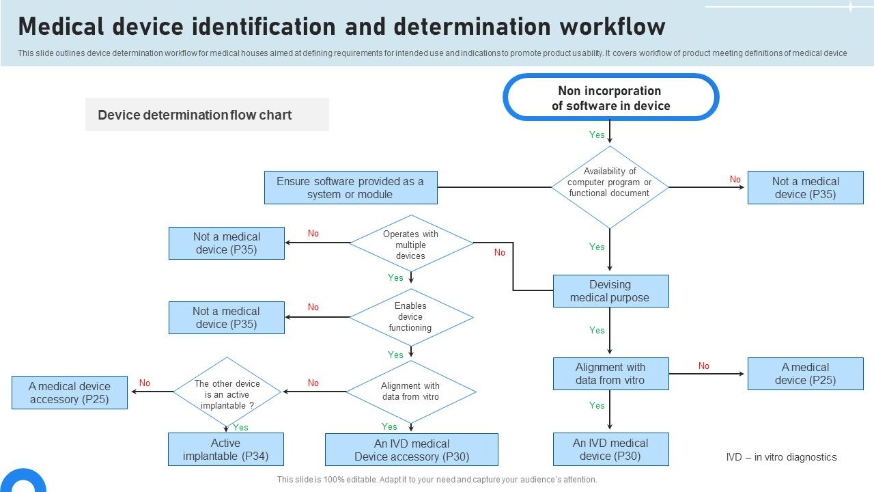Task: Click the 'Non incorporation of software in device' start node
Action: tap(610, 98)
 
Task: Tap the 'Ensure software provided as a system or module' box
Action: tap(350, 188)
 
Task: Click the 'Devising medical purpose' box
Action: tap(610, 291)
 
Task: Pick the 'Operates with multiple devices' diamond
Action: tap(410, 244)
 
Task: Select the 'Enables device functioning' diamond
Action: tap(410, 316)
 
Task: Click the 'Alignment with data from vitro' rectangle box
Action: tap(610, 374)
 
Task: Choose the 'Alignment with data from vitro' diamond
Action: tap(410, 392)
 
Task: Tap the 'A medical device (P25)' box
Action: tap(805, 374)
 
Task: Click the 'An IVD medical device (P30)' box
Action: tap(610, 450)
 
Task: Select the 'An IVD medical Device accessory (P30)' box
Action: tap(411, 450)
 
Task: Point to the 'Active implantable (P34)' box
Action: tap(226, 450)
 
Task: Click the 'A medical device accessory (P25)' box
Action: tap(70, 393)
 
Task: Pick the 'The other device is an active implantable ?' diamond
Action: tap(227, 394)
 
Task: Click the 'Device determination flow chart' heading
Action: tap(195, 115)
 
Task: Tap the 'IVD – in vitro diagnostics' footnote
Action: tap(781, 457)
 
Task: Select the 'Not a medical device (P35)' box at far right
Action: tap(805, 188)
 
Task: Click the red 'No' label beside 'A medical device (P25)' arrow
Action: tap(703, 366)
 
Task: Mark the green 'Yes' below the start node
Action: tap(597, 135)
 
